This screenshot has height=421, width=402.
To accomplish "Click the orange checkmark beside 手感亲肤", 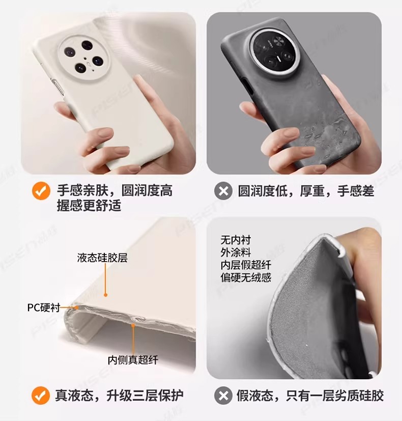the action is (x=41, y=191).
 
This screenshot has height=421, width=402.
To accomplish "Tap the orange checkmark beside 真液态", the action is (x=41, y=396).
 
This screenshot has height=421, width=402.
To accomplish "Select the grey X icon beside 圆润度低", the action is (x=223, y=191).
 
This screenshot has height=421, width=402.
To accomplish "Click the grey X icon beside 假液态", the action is (x=223, y=396).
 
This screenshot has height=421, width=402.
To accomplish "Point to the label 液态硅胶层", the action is (x=102, y=258).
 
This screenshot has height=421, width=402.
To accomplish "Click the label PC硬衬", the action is (x=44, y=307).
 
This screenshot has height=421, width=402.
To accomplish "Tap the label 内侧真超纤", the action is (x=133, y=360).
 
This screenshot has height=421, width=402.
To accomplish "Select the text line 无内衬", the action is (x=236, y=240).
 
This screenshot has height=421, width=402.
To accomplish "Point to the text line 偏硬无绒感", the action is (x=246, y=277).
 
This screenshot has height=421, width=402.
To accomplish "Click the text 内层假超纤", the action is (x=246, y=265).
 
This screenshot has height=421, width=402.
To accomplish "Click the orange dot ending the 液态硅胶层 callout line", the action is (x=106, y=295).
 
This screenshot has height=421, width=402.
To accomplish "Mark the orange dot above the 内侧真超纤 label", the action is (x=133, y=325).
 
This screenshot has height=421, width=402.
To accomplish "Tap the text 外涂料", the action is (x=236, y=252).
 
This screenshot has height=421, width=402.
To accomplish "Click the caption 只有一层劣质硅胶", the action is (x=335, y=396).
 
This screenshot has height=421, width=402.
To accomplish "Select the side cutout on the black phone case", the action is (x=247, y=86).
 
